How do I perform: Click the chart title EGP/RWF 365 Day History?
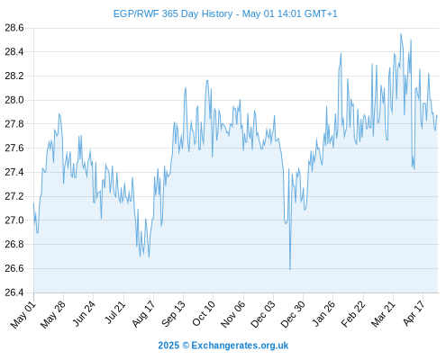pos(173,13)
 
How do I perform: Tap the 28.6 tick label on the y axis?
pos(14,28)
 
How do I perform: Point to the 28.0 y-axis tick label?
pos(14,100)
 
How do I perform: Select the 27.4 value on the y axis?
pos(14,172)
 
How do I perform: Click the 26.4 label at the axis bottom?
pos(14,292)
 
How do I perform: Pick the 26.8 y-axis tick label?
pos(14,244)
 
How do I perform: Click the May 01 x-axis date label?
pos(23,314)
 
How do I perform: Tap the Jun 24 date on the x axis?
pos(84,313)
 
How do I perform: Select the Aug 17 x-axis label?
pos(143,313)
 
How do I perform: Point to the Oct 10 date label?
pos(204,313)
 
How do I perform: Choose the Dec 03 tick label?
pos(263,314)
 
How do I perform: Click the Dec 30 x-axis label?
pos(293,314)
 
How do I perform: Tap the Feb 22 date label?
pos(353,314)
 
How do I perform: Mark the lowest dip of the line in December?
pos(290,269)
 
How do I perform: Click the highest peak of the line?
pos(401,34)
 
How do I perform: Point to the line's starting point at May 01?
pos(33,203)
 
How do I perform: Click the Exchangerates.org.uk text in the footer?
pos(240,346)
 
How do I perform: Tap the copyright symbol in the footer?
pos(186,346)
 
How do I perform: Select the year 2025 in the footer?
pos(168,346)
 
